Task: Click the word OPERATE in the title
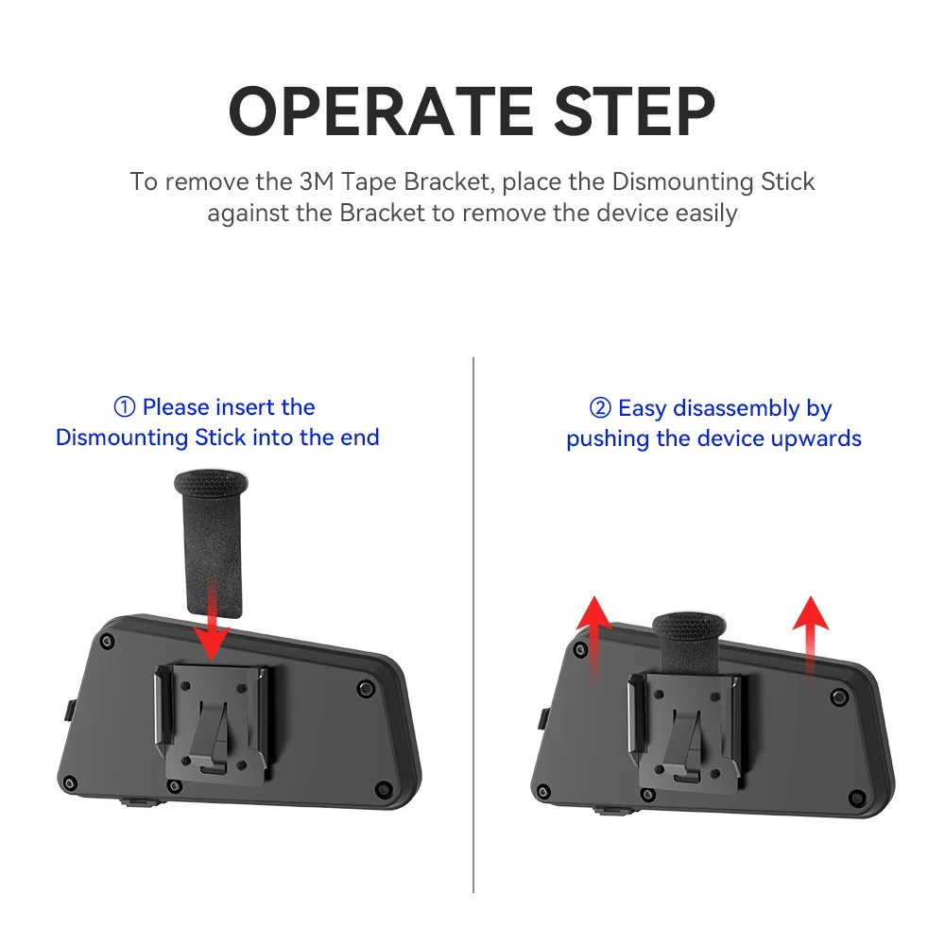tap(381, 112)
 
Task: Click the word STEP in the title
tap(634, 112)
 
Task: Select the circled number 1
tap(124, 407)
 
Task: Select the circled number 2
tap(600, 408)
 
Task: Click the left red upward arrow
tap(594, 638)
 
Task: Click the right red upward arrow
tap(811, 636)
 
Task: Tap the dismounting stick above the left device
tap(212, 542)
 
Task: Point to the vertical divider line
tap(473, 625)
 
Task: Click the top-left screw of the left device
tap(108, 642)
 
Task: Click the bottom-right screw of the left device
tap(383, 788)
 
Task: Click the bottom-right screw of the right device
tap(856, 798)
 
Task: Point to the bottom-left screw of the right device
tap(543, 791)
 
